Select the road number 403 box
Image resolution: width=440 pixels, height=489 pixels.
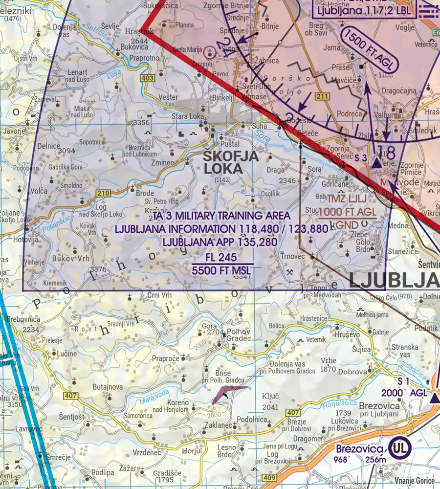tap(149, 78)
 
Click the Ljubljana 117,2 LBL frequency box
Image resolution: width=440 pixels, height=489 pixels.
tap(364, 9)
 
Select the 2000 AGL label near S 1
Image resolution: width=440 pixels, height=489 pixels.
tap(412, 393)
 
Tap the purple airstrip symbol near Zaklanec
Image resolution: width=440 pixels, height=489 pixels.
tap(228, 394)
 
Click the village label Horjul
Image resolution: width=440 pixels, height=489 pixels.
tap(195, 450)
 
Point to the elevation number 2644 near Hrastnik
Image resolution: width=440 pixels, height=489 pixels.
tap(139, 41)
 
